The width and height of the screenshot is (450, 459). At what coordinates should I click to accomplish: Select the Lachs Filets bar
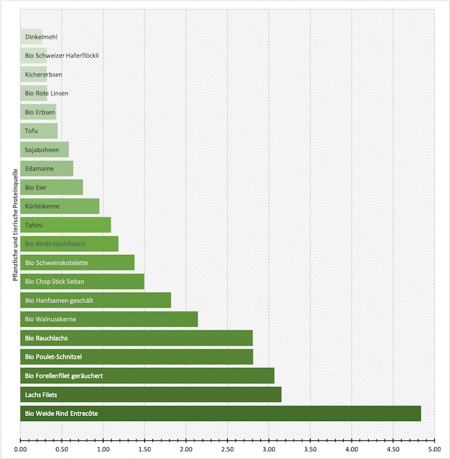coord(151,395)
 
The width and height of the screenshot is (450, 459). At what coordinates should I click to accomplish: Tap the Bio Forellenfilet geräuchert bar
coord(147,376)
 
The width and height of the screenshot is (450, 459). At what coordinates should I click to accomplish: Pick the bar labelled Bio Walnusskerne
coord(109,319)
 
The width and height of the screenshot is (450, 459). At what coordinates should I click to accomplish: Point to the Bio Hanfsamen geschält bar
coord(96,300)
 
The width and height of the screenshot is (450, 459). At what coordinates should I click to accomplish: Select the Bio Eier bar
coord(51,187)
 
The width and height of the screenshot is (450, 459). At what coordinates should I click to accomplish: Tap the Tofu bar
coord(39,131)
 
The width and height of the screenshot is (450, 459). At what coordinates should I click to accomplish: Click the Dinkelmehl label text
coord(41,37)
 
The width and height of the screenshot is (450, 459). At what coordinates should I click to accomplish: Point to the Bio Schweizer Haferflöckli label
coord(62,56)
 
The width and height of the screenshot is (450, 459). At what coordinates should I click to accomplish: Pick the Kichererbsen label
coord(44,74)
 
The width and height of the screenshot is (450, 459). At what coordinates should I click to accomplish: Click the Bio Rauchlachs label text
coord(46,338)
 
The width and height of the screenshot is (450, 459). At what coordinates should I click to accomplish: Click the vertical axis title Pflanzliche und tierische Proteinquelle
coord(14,225)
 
